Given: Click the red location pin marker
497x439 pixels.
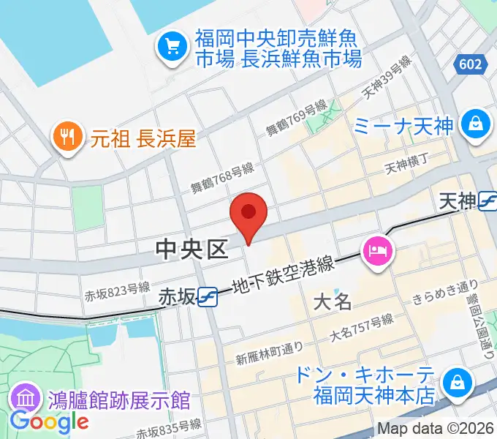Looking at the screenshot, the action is [x=248, y=214].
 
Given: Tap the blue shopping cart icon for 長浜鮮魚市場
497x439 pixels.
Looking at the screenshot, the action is [x=172, y=47].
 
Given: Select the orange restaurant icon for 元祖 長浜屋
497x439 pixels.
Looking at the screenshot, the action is [x=67, y=137].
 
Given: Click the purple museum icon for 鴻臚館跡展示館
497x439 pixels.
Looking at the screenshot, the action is [x=26, y=399].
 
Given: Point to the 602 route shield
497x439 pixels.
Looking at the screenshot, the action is [x=471, y=64].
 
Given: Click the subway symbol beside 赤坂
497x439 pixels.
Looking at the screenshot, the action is [x=208, y=296].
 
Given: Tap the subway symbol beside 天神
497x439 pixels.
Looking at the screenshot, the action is [x=487, y=201].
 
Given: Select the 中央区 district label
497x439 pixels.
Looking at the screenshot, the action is [x=192, y=250].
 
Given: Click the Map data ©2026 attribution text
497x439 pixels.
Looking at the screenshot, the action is [x=436, y=429].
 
